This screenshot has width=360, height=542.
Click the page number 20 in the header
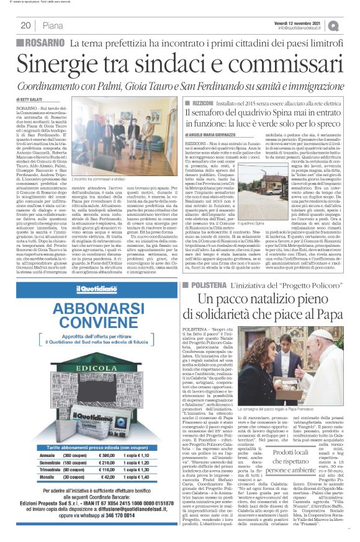(25, 25)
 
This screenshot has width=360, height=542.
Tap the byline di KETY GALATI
(30, 99)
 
